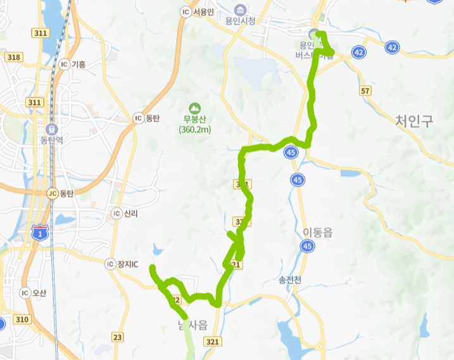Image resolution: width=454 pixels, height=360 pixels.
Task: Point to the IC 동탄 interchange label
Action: click(148, 118)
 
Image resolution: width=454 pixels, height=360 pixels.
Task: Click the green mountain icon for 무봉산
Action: click(194, 108)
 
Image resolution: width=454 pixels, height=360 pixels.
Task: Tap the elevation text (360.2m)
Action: click(194, 130)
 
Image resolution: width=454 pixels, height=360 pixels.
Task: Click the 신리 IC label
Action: click(125, 213)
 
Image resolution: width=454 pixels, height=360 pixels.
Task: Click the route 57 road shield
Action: click(365, 91)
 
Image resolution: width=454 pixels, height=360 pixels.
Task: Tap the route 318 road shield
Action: click(14, 57)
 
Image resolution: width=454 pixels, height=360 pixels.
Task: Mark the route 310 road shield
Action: click(22, 320)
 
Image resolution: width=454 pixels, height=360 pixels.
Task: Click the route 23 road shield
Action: click(117, 337)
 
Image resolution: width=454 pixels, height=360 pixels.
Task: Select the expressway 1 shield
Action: click(41, 233)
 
